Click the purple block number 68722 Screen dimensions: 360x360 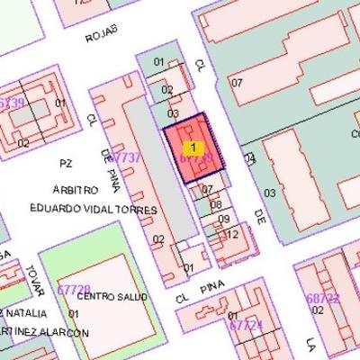click(322, 298)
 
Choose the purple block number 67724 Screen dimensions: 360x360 click(246, 325)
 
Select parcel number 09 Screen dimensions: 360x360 click(224, 220)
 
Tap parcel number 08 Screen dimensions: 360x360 click(215, 205)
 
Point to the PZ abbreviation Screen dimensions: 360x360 click(64, 163)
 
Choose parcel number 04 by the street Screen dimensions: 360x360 click(250, 160)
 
